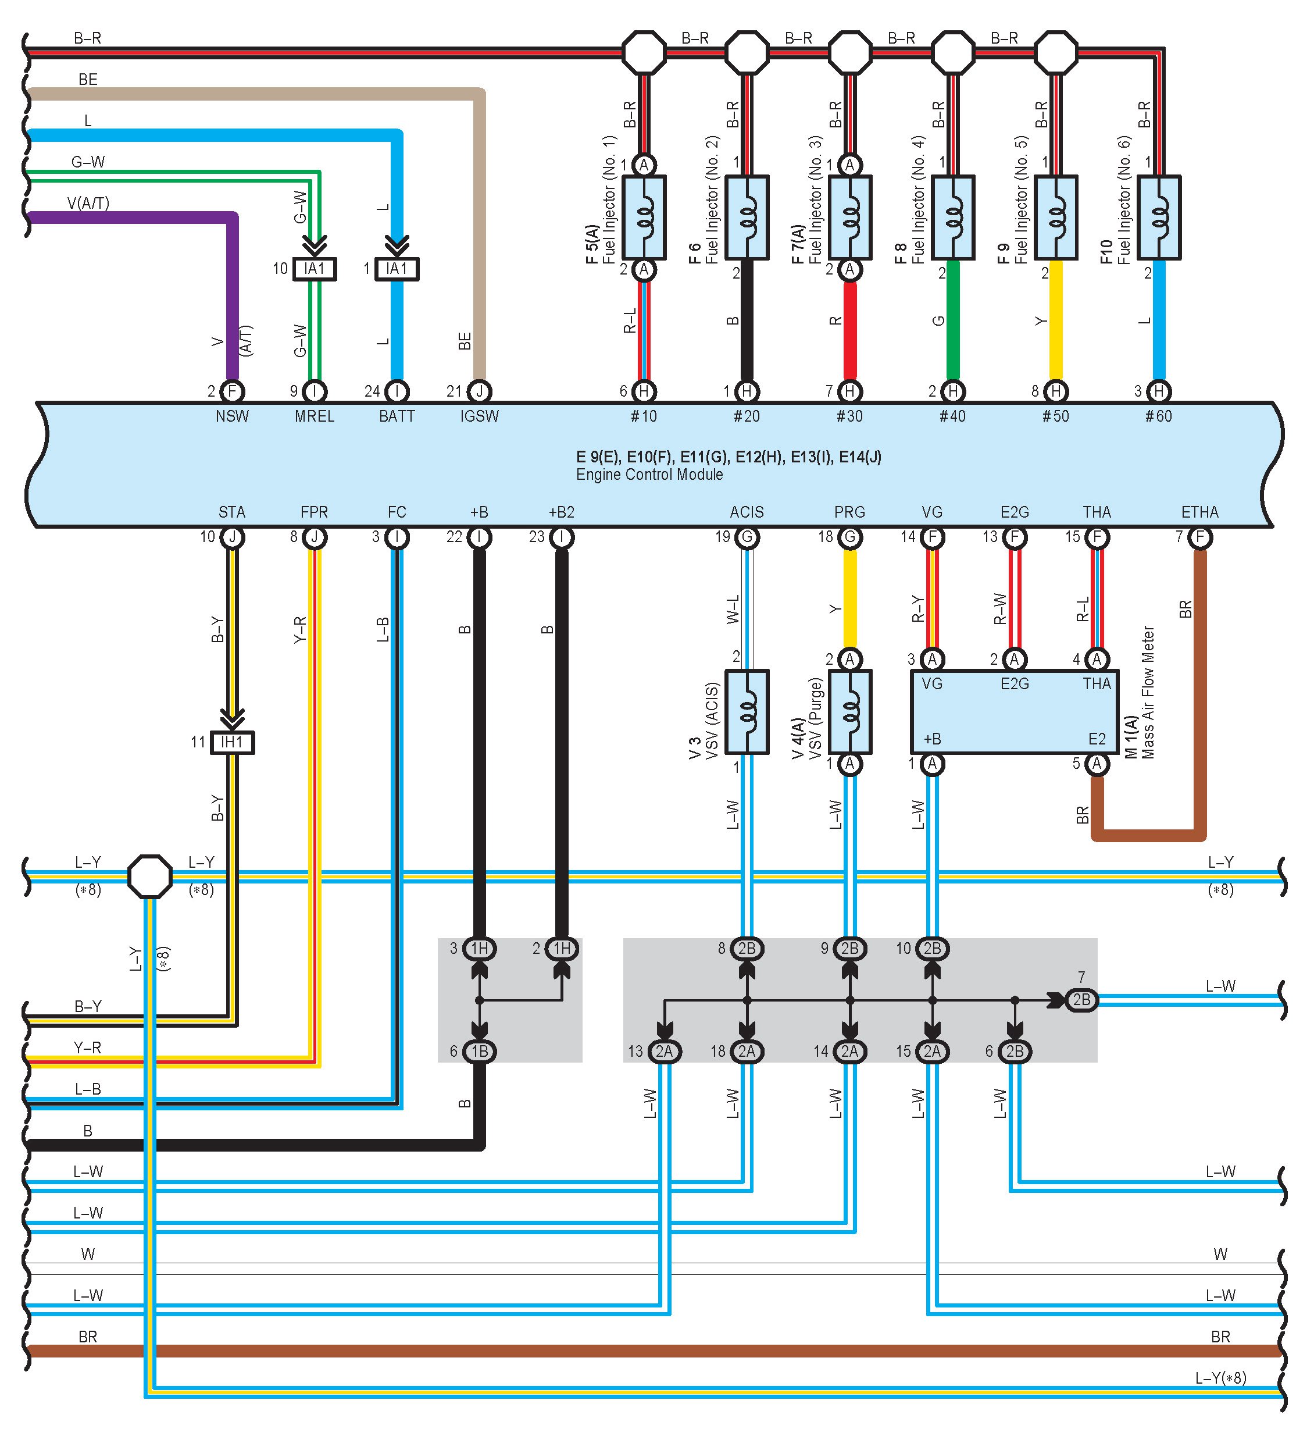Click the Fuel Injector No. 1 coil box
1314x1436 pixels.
coord(644,218)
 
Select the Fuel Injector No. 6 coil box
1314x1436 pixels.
coord(1159,218)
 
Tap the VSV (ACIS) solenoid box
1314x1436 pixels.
coord(747,711)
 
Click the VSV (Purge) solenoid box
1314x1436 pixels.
coord(849,711)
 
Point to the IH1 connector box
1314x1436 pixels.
coord(232,742)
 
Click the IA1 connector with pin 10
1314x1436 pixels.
coord(314,269)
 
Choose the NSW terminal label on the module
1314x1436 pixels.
coord(232,416)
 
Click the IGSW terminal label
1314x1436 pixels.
coord(479,416)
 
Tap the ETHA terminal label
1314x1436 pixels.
coord(1200,512)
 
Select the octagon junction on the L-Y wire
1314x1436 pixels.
coord(149,876)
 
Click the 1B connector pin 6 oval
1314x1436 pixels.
coord(479,1052)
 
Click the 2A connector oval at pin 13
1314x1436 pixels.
coord(665,1052)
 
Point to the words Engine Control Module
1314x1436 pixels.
coord(649,475)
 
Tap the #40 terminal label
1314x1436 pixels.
coord(952,416)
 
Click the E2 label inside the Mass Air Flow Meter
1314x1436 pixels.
coord(1097,739)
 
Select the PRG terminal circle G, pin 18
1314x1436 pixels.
coord(849,537)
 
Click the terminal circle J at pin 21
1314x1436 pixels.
coord(479,391)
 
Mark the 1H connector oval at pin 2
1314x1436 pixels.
coord(562,948)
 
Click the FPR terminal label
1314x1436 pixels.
coord(314,512)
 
